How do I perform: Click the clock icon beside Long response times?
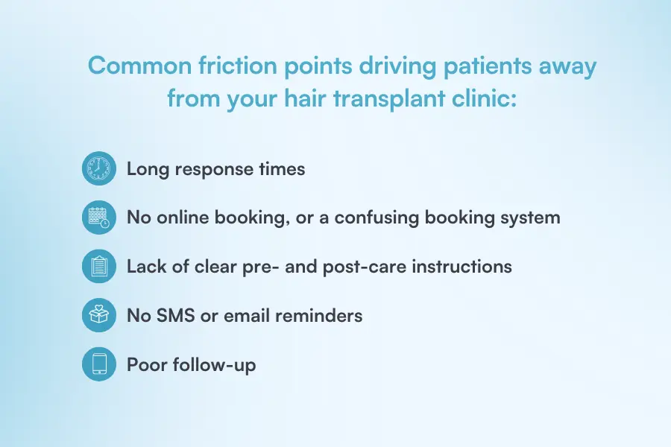coord(99,169)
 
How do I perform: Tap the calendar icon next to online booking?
coord(99,218)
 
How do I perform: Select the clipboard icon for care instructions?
coord(99,267)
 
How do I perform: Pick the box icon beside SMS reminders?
coord(99,315)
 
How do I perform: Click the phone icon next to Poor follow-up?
coord(99,364)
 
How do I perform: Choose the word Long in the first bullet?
coord(148,169)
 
